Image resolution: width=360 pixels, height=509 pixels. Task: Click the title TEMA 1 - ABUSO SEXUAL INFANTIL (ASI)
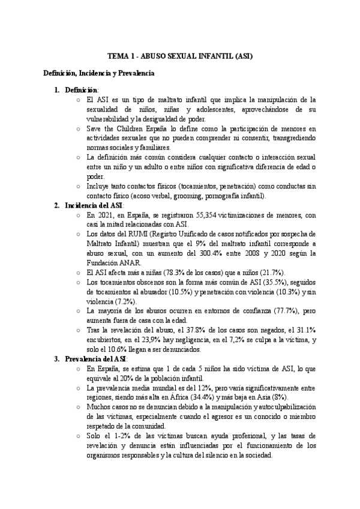180,56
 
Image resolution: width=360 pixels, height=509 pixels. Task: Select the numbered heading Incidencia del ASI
94,205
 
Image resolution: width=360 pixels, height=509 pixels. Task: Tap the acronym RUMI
145,234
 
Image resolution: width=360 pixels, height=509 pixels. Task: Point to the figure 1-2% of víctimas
119,436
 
